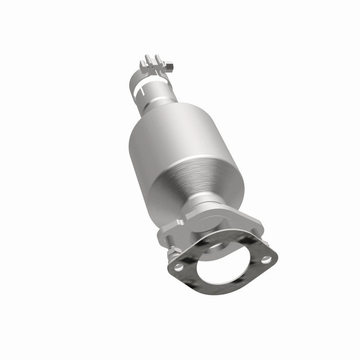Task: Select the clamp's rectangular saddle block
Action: click(153, 68)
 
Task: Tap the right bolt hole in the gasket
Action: click(267, 259)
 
